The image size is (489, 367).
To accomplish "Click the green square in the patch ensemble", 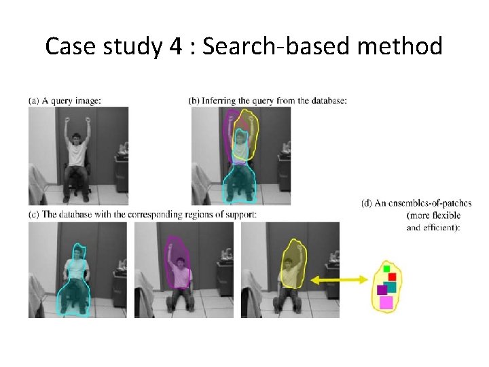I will [x=387, y=269].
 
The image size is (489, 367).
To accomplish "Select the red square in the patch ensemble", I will [x=393, y=277].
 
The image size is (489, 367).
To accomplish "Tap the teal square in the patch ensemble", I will [x=390, y=287].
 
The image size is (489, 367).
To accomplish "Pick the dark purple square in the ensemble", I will [x=382, y=290].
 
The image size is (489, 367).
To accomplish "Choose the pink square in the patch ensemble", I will [x=386, y=302].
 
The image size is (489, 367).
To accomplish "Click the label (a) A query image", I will [x=65, y=101].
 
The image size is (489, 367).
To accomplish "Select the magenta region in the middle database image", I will [x=180, y=268].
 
